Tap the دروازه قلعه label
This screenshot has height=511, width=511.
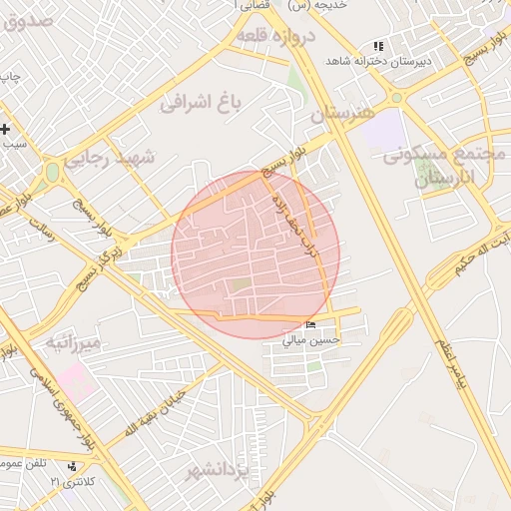pos(276,38)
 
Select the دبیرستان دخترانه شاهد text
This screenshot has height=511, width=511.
pos(378,61)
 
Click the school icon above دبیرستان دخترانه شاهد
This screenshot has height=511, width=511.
pos(377,46)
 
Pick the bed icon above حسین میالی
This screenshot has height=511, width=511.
pos(311,325)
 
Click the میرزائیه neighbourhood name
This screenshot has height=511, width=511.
pos(73,344)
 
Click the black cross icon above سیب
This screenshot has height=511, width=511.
pos(6,129)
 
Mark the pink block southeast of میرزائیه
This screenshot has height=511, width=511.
pos(71,380)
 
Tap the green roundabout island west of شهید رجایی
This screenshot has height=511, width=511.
pos(51,172)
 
